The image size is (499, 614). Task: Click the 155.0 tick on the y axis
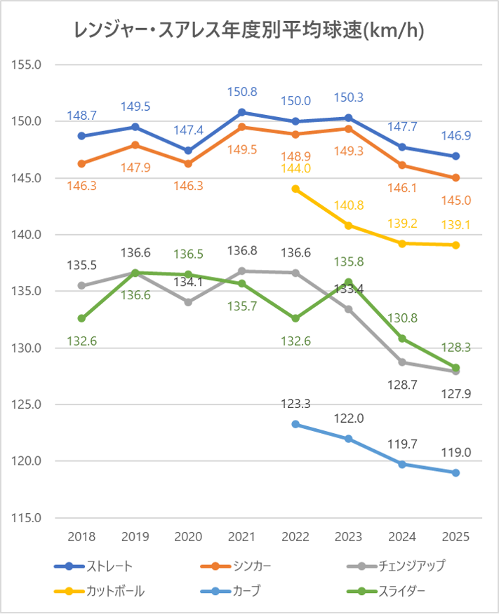pyautogui.click(x=29, y=64)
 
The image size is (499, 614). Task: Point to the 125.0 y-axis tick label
pyautogui.click(x=29, y=404)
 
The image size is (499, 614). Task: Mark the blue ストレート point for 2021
pyautogui.click(x=241, y=112)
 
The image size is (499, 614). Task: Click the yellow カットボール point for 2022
pyautogui.click(x=295, y=189)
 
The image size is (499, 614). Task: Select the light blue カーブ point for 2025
pyautogui.click(x=455, y=472)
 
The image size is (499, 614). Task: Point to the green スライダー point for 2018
pyautogui.click(x=81, y=318)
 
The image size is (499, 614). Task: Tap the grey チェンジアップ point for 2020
pyautogui.click(x=188, y=302)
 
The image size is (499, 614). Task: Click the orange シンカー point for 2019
pyautogui.click(x=135, y=145)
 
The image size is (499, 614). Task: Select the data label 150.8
pyautogui.click(x=241, y=92)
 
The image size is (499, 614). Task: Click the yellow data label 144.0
pyautogui.click(x=295, y=168)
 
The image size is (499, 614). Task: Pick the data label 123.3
pyautogui.click(x=295, y=404)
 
